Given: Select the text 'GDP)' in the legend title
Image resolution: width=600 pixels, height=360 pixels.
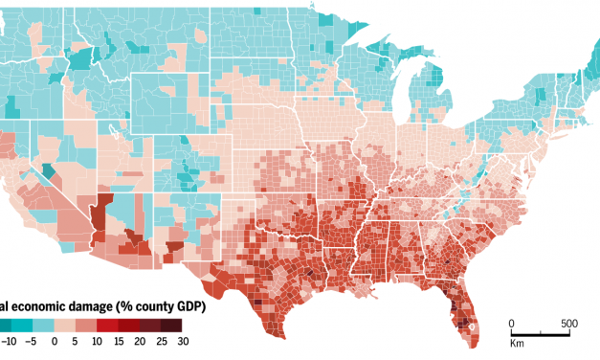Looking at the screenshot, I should tap(189, 306).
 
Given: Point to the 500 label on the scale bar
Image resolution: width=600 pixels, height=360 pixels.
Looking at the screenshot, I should tap(568, 323).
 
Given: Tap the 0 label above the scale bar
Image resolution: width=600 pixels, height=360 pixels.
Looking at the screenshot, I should tap(511, 323).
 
